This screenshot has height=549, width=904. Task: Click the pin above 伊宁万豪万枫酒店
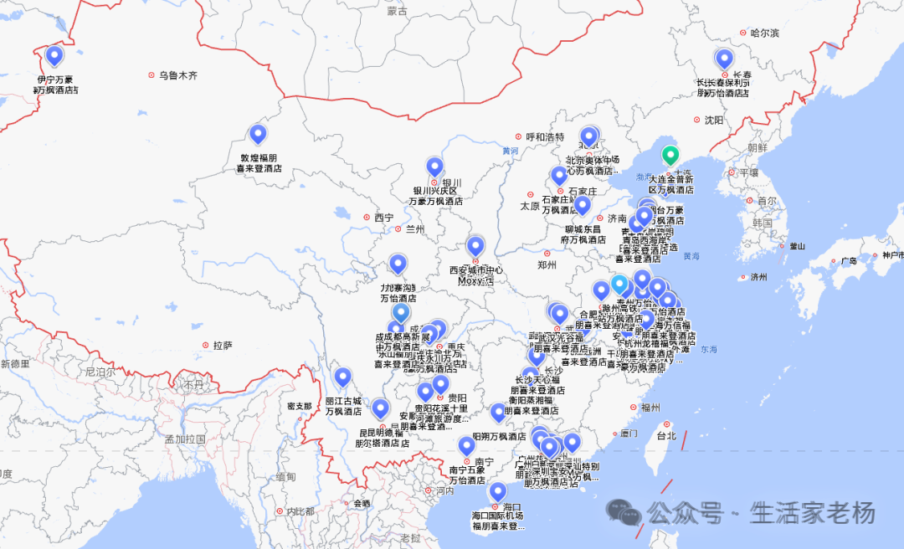pos(54,56)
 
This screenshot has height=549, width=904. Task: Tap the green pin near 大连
pos(670,156)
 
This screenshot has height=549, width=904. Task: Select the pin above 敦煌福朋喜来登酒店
pos(258,134)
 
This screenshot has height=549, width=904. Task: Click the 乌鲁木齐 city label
pos(178,75)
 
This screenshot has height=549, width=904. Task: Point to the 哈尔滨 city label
pos(764,33)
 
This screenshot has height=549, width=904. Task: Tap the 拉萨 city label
pos(223,345)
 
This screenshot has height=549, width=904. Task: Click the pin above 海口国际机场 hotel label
pos(498,491)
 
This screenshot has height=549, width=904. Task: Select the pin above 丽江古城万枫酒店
pos(342,378)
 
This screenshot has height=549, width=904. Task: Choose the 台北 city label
pos(665,436)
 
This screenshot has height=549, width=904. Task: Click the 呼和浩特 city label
pos(545,136)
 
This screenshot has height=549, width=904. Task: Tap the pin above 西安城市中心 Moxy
pos(475,246)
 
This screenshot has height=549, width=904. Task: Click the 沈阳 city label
pos(713,120)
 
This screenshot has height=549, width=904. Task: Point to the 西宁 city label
pos(383,218)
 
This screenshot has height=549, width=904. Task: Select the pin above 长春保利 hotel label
pos(724,59)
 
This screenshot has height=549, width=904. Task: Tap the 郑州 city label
pos(547,265)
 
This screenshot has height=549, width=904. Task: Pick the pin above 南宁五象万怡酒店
pos(466,446)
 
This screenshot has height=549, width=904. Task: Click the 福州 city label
pos(650,408)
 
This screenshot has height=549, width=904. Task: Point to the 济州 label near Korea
pos(758,277)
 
